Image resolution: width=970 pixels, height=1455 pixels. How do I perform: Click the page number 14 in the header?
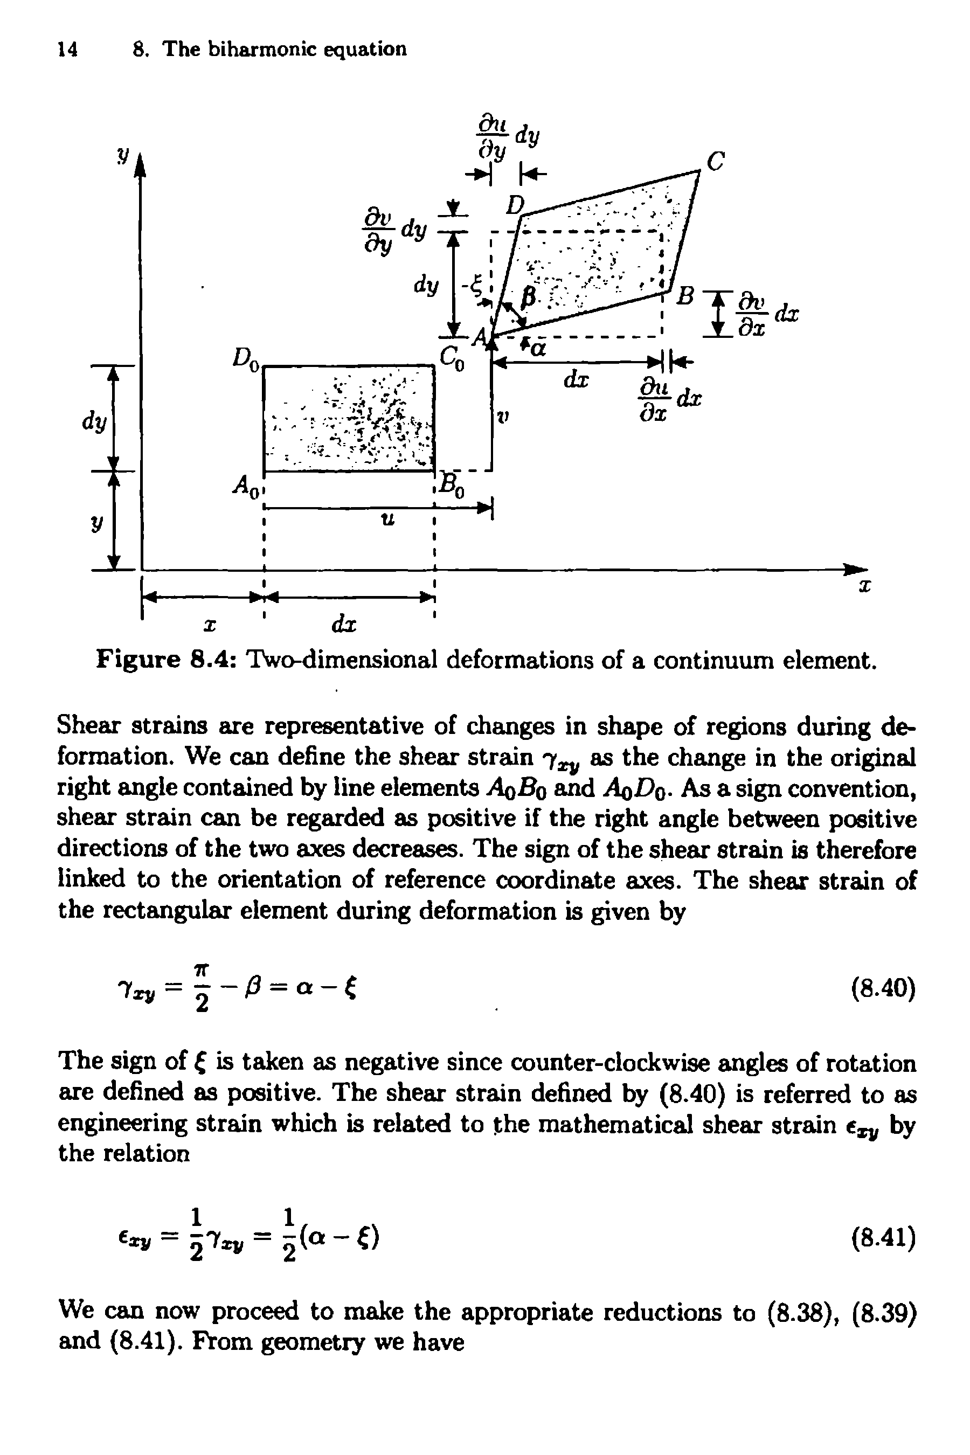pyautogui.click(x=67, y=49)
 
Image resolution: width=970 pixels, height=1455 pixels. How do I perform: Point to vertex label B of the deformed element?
pyautogui.click(x=684, y=296)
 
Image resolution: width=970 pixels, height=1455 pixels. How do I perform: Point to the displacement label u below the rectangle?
pyautogui.click(x=386, y=520)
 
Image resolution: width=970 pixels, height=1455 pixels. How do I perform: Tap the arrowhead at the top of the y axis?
pyautogui.click(x=142, y=166)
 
